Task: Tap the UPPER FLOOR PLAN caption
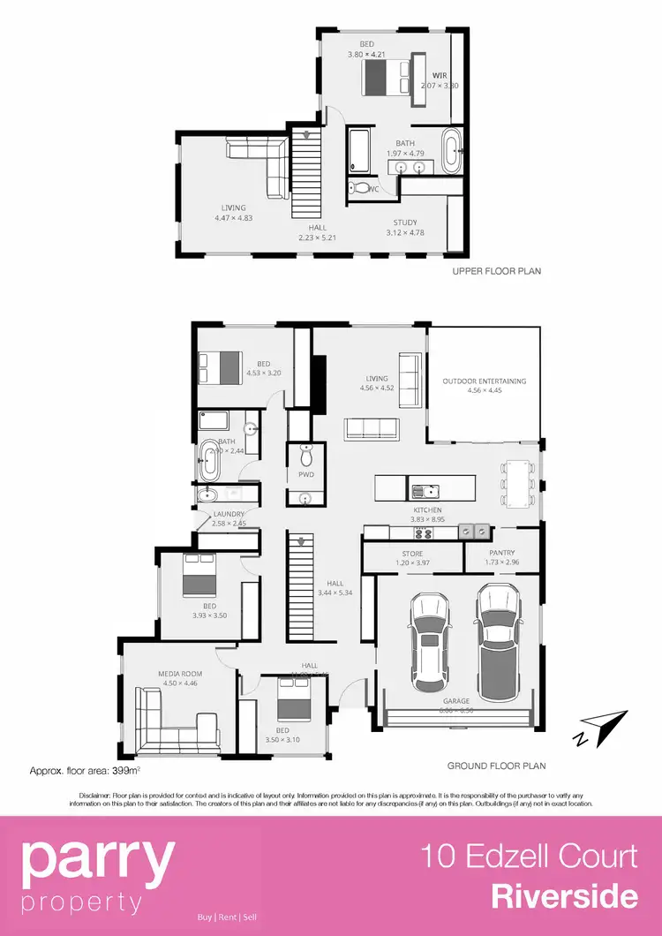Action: pos(496,271)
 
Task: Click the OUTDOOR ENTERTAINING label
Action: pos(484,381)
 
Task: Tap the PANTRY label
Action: pos(500,552)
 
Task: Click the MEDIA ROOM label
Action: pos(180,673)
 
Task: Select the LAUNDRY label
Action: pos(228,514)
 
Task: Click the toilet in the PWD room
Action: pos(306,456)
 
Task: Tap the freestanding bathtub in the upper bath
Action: pos(451,152)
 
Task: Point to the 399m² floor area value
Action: pos(128,770)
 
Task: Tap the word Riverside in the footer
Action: pos(564,896)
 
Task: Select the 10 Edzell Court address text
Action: pos(529,857)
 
